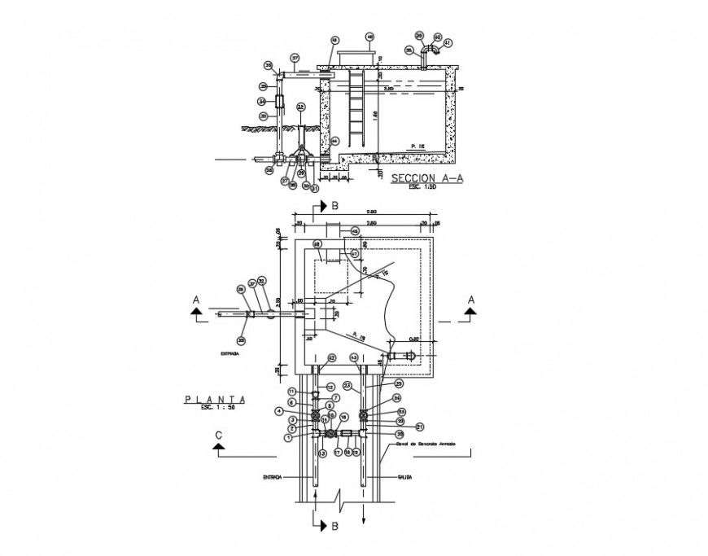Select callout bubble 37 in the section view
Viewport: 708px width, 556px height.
click(x=295, y=58)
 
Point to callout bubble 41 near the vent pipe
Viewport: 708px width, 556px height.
click(x=448, y=42)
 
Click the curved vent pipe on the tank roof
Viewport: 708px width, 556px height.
click(x=429, y=51)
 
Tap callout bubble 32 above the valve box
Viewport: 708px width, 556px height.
click(x=300, y=107)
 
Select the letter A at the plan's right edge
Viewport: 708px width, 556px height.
click(x=470, y=300)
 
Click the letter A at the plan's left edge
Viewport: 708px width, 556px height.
click(x=195, y=300)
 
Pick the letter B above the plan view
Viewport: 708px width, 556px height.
click(x=334, y=207)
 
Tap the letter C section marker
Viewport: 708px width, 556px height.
click(x=219, y=436)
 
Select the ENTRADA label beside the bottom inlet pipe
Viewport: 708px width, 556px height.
click(x=272, y=479)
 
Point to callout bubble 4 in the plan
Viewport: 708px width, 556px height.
click(x=301, y=411)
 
